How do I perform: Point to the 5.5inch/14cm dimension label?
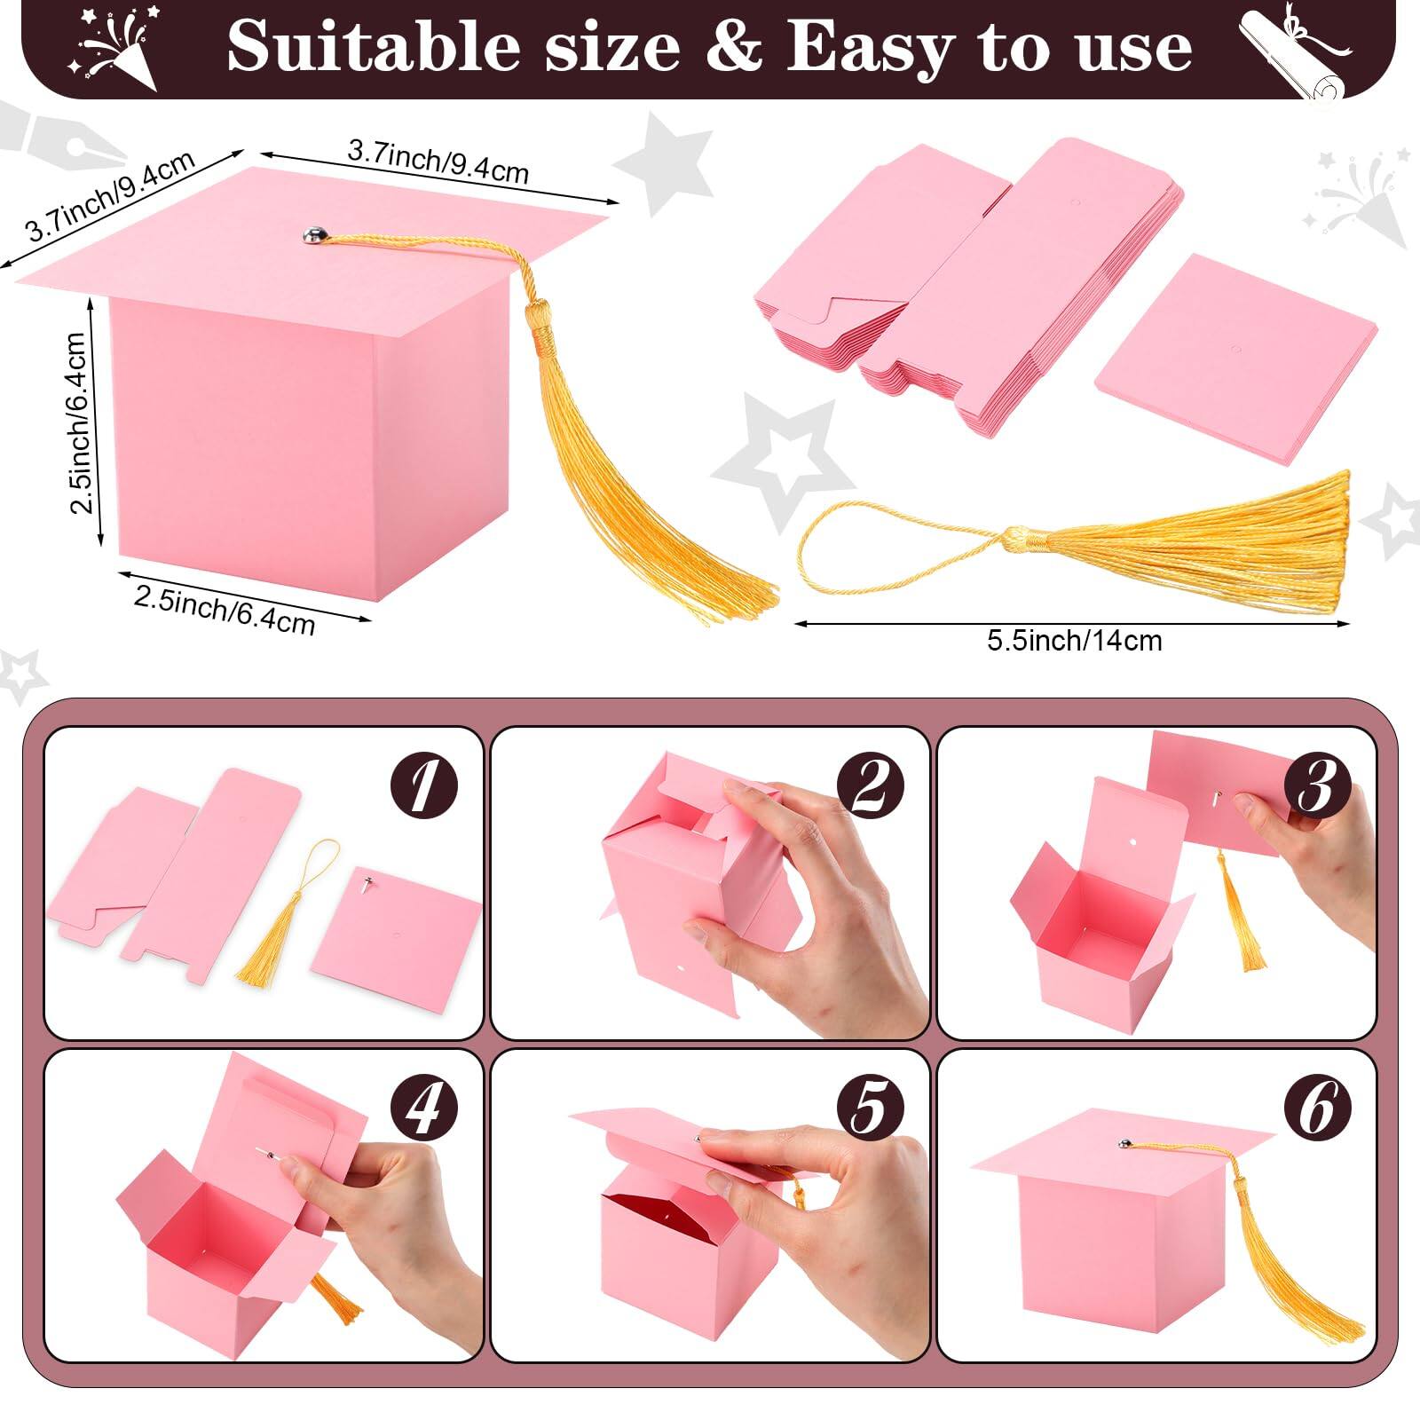pos(1074,640)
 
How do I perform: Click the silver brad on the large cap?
pos(313,235)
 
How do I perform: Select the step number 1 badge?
pos(424,786)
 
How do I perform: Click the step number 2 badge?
pos(871,786)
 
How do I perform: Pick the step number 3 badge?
pos(1317,786)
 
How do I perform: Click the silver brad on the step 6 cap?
pos(1124,1145)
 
